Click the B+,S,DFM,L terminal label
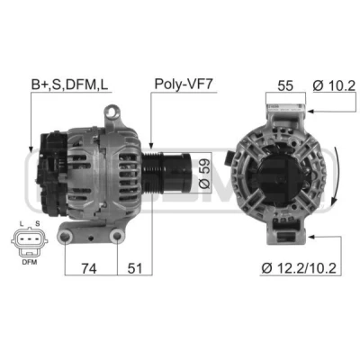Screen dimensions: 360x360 [x=69, y=85]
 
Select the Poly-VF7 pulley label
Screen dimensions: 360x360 [x=184, y=85]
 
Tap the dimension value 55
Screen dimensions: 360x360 [x=285, y=85]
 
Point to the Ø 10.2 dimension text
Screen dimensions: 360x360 [x=334, y=85]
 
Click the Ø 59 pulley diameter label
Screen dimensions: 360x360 [x=204, y=174]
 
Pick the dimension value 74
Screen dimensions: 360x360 [x=89, y=268]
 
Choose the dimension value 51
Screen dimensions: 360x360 [x=135, y=268]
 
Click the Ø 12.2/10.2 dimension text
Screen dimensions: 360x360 [x=299, y=268]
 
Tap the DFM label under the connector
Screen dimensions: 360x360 [x=30, y=262]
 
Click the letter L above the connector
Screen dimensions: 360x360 [x=21, y=223]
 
